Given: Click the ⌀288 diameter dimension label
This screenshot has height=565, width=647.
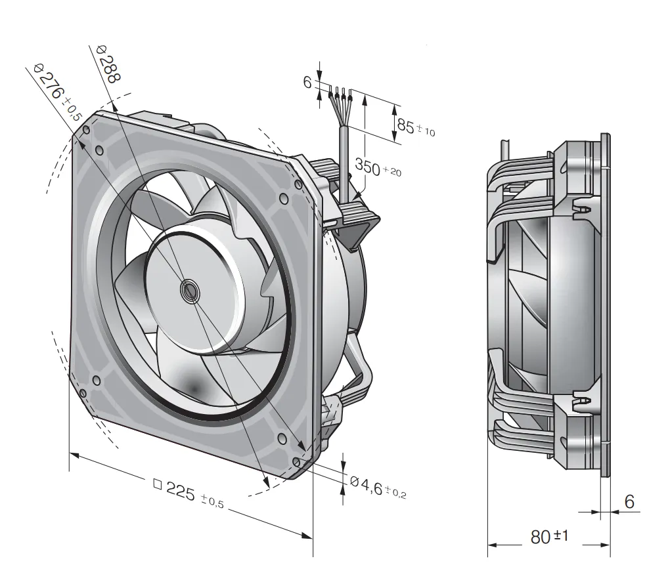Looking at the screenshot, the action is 108,63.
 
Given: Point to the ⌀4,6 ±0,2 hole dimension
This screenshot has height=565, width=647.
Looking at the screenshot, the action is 378,488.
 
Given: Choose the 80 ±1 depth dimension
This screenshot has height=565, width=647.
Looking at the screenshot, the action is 549,536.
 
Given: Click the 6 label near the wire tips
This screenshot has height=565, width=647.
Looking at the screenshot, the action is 307,82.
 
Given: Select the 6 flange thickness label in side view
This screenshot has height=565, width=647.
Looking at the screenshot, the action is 629,501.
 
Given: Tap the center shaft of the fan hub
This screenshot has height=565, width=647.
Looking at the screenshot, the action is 190,291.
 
